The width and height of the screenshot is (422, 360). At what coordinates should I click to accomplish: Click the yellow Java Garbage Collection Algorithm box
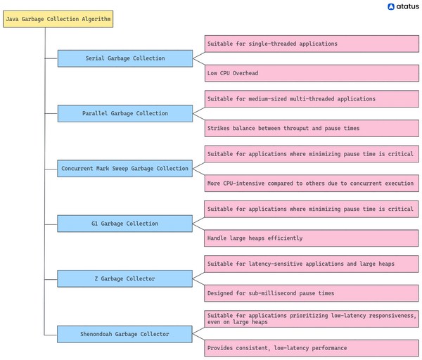point(58,19)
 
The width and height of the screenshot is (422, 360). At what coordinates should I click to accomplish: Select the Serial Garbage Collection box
point(124,58)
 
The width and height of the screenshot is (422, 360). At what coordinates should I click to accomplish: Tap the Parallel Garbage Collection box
point(124,113)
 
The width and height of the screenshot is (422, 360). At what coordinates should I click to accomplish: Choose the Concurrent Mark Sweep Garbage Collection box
point(124,169)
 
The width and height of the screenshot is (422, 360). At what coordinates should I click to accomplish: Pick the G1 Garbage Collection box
point(124,224)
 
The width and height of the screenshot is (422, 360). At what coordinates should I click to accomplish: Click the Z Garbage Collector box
point(124,278)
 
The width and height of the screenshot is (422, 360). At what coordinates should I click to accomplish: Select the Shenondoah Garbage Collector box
point(124,334)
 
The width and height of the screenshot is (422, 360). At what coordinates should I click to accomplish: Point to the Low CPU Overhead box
point(312,73)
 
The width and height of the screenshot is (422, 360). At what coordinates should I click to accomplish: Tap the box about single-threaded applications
point(312,44)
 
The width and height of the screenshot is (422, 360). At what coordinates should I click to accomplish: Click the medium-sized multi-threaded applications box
point(312,99)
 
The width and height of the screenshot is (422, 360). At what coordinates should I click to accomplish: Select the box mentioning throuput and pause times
point(312,128)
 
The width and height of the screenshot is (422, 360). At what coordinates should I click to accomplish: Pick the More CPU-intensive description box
point(312,184)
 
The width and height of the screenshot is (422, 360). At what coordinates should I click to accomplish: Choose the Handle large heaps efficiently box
point(312,238)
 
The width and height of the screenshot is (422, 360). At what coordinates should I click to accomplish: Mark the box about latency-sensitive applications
point(312,264)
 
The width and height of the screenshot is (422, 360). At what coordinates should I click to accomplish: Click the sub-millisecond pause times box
point(312,293)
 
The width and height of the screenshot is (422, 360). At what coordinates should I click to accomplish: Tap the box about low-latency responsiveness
point(312,319)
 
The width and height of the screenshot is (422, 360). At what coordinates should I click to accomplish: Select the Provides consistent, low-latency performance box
point(312,348)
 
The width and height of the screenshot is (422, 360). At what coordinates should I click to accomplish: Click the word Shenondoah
point(100,334)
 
